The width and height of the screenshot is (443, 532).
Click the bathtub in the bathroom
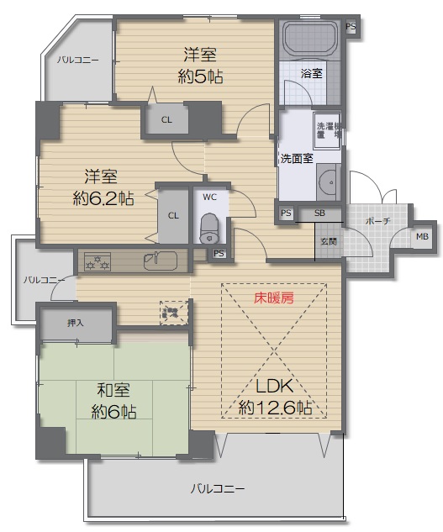click(x=310, y=39)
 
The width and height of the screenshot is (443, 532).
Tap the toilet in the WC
click(x=209, y=229)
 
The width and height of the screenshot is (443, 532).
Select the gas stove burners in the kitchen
click(x=98, y=261)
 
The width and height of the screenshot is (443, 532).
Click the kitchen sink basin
click(x=161, y=261)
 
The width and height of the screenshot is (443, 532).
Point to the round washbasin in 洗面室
click(x=328, y=182)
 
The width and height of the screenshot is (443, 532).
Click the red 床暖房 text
click(x=273, y=298)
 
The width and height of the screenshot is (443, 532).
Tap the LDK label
click(x=273, y=386)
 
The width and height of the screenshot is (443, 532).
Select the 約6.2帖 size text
click(x=103, y=198)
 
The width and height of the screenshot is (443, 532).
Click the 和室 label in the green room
click(x=113, y=390)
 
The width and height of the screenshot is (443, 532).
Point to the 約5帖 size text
click(x=200, y=76)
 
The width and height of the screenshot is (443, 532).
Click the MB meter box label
click(x=422, y=236)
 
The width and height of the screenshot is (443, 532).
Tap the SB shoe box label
click(x=319, y=213)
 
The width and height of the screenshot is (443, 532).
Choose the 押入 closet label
click(x=76, y=323)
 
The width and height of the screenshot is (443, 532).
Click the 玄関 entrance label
click(x=329, y=241)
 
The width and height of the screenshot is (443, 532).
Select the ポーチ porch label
click(x=377, y=221)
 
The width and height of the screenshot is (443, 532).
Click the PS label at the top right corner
click(x=351, y=26)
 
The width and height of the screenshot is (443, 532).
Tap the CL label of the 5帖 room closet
click(x=166, y=120)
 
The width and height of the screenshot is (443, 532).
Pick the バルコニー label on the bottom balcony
click(x=217, y=489)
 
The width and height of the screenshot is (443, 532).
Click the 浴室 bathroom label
click(x=311, y=73)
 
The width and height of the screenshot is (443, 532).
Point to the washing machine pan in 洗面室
click(x=327, y=130)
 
